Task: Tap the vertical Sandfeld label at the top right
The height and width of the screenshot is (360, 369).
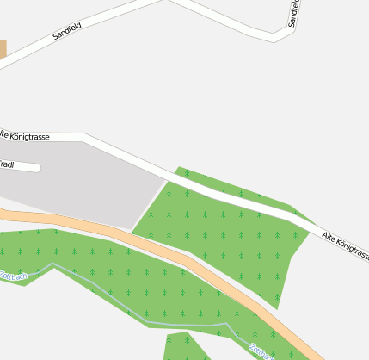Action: coord(294,13)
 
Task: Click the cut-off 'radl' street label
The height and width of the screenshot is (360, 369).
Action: coord(6,164)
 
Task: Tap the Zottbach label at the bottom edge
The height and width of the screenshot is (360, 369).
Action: coord(259,351)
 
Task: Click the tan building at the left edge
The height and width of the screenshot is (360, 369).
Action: coord(3,49)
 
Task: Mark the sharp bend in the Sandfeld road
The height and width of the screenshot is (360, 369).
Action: coord(275,36)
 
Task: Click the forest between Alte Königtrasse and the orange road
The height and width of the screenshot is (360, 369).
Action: coord(224,241)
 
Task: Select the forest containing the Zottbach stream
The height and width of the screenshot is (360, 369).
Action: coord(129,276)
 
